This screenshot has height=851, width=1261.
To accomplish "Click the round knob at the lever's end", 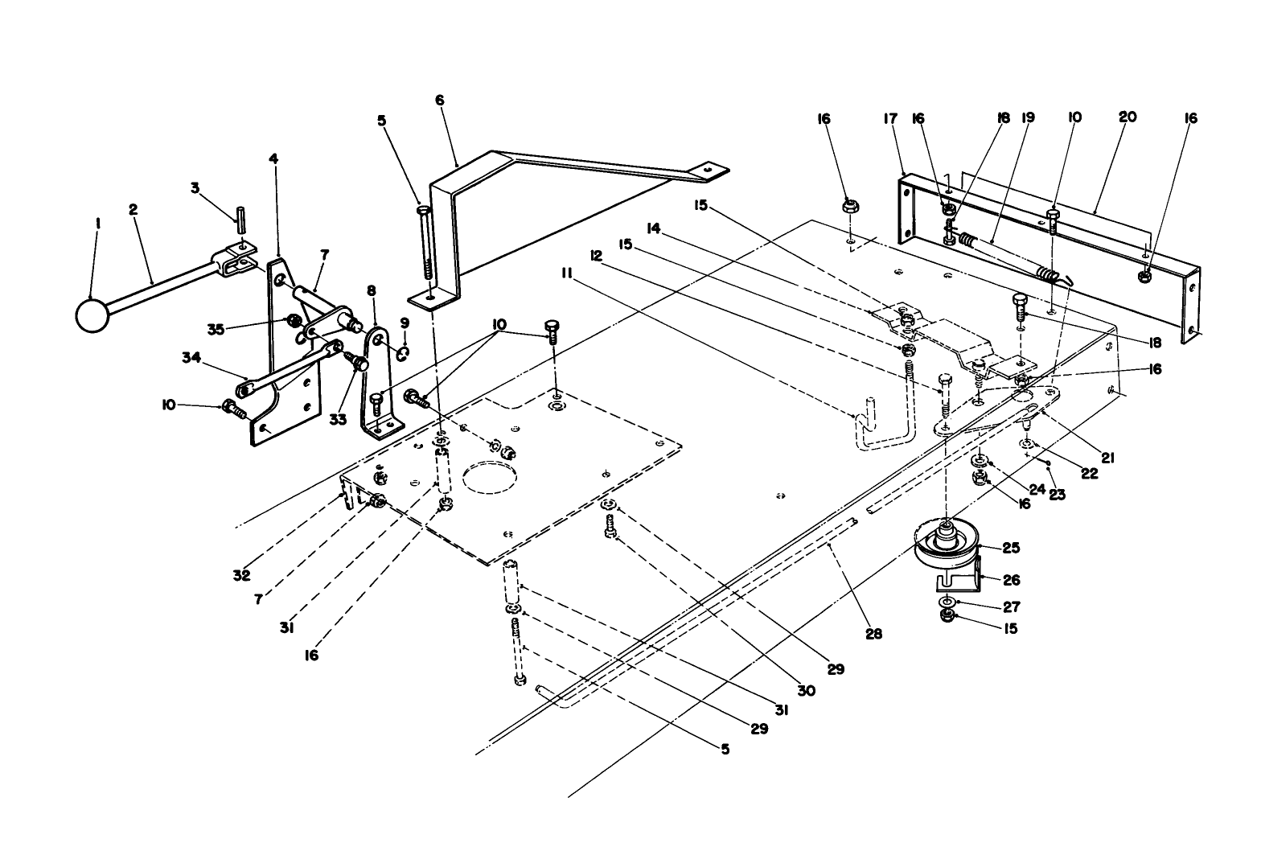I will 92,314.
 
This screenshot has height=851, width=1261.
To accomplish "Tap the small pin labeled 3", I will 240,219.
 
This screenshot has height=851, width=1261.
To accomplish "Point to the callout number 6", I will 439,100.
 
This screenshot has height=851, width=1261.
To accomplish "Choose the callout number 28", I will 873,634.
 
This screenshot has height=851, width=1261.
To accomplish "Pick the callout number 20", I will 1128,117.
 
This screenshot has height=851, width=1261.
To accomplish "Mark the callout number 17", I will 889,118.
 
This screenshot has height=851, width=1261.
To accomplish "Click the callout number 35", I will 215,328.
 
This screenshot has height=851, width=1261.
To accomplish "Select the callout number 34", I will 190,357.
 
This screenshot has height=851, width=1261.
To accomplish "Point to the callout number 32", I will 241,575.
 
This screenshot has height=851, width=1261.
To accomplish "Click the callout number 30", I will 806,690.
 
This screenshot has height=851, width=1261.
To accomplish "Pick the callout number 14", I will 653,228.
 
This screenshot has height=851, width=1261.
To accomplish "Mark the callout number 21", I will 1107,458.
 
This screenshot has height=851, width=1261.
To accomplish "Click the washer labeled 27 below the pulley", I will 947,602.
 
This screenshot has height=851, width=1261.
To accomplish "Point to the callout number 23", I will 1057,495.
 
